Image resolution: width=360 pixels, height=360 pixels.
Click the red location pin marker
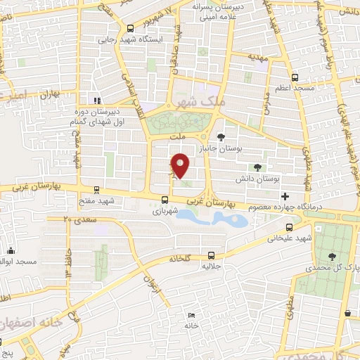tap(181, 165)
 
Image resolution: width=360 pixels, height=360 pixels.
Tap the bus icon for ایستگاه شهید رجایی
tap(129, 28)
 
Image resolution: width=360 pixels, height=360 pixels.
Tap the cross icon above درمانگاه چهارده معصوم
tap(284, 195)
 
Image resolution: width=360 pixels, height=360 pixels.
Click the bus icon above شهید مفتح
tap(95, 189)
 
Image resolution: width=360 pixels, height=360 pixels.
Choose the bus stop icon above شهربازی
tap(164, 199)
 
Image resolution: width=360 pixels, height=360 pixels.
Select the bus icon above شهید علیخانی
tap(289, 227)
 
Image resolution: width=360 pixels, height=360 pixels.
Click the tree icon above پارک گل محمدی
tap(331, 257)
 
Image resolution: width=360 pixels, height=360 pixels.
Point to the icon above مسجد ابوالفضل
tap(11, 250)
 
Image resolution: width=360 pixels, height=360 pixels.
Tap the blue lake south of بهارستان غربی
tap(211, 220)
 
